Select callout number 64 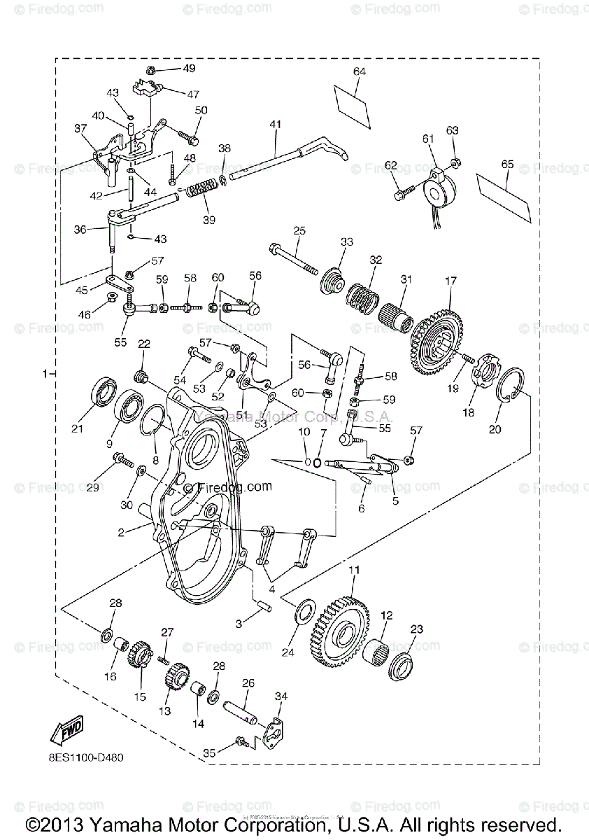pyautogui.click(x=360, y=72)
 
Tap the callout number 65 pyautogui.click(x=507, y=164)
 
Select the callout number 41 pyautogui.click(x=275, y=125)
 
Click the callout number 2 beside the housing pyautogui.click(x=121, y=533)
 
